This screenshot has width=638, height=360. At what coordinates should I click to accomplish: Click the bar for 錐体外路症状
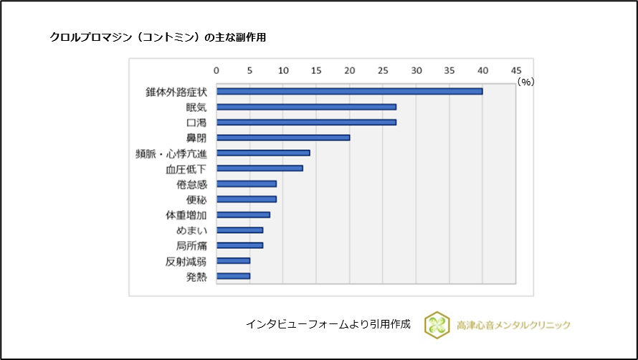(349, 91)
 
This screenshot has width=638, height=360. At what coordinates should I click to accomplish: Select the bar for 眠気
(306, 107)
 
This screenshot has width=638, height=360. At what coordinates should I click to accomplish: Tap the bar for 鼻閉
(283, 137)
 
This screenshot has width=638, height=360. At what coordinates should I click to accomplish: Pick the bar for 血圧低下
(260, 168)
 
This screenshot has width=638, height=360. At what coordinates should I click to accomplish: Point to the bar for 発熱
(233, 276)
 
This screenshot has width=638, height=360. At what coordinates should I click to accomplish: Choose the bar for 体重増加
(243, 214)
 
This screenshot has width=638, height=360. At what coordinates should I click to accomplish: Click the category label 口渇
(196, 122)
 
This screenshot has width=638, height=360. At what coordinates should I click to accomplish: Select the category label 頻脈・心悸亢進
(171, 153)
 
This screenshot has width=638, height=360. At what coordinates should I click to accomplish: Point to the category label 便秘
(196, 199)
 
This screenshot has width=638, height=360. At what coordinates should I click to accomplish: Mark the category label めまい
(191, 230)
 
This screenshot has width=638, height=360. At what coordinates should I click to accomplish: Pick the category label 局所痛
(191, 245)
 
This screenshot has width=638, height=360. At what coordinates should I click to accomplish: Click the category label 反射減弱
(186, 261)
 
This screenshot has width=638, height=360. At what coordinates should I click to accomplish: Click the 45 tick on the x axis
(515, 70)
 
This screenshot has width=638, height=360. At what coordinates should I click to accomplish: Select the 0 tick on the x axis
(216, 70)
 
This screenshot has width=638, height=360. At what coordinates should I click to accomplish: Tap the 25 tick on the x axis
(383, 70)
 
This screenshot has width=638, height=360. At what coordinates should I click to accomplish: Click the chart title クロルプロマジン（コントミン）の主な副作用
(158, 37)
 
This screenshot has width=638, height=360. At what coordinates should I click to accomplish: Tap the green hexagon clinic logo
(437, 325)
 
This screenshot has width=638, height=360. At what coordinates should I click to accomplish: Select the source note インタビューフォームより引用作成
(328, 324)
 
